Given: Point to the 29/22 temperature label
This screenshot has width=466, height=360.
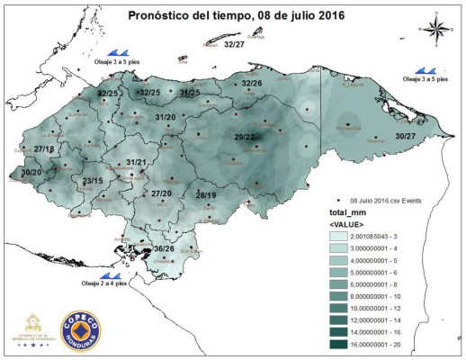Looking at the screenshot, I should coord(245,137).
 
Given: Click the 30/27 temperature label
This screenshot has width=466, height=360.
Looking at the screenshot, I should coord(406,136).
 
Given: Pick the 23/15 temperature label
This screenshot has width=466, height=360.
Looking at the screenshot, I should coord(94,182).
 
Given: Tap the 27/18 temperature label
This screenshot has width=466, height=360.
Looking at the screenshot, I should coord(44,148).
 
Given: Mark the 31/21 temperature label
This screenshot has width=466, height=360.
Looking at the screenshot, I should coord(136,162).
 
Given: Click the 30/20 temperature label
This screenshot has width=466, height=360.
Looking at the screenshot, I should coord(31,171).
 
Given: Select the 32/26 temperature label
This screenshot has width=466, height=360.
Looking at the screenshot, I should coord(252,84).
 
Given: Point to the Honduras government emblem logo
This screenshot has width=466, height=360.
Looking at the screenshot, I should coord(35,328).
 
